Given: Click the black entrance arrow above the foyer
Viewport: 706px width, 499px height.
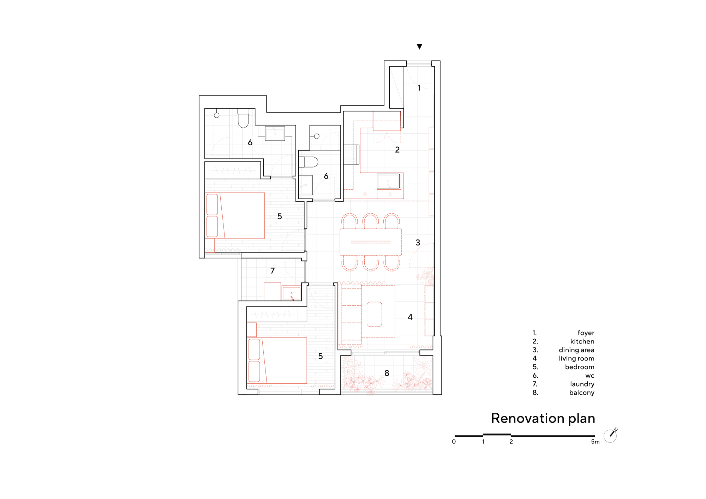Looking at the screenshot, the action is (419, 47).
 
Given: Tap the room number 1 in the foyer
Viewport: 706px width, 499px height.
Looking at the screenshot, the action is (419, 88).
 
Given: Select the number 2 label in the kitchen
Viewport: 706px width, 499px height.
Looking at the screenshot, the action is (397, 150).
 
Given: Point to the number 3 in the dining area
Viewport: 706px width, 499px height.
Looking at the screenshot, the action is (418, 243).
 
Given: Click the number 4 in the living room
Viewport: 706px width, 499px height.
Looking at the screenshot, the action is (410, 317).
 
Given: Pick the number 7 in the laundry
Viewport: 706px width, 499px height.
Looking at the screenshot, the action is (273, 271).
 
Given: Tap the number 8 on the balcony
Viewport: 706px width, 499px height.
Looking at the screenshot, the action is (387, 373).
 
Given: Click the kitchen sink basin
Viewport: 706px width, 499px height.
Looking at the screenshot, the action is (388, 181).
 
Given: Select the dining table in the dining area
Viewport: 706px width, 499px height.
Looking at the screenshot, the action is (371, 242).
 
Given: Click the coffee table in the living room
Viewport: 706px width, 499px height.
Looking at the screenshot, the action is (374, 314).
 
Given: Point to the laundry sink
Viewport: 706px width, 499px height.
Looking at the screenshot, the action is (292, 293).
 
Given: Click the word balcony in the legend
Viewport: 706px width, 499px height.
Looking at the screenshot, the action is (582, 393).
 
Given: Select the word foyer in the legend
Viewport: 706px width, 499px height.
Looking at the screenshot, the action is (586, 333).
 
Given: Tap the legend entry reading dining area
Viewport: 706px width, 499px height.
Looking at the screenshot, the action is (576, 350).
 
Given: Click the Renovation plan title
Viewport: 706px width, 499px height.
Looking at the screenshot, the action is (543, 419).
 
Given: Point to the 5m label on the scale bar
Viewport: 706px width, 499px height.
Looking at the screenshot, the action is (595, 442).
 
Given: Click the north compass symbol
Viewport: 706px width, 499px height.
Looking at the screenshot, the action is (610, 436).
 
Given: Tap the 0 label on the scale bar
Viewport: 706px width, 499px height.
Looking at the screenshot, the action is (454, 442).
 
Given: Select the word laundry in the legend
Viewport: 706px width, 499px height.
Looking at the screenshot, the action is (582, 384).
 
